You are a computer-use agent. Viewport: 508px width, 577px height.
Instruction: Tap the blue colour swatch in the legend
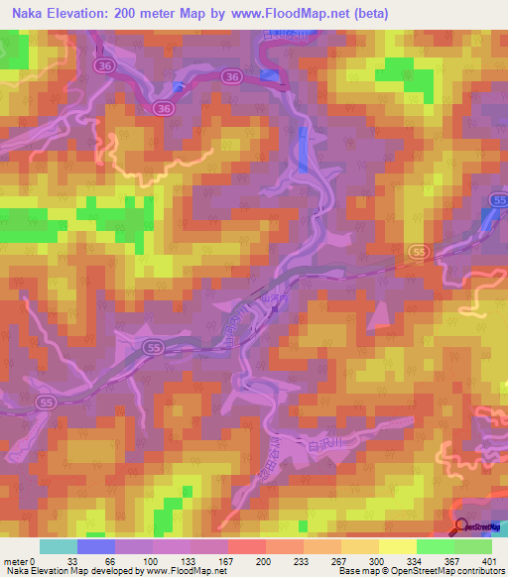tap(95, 546)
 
